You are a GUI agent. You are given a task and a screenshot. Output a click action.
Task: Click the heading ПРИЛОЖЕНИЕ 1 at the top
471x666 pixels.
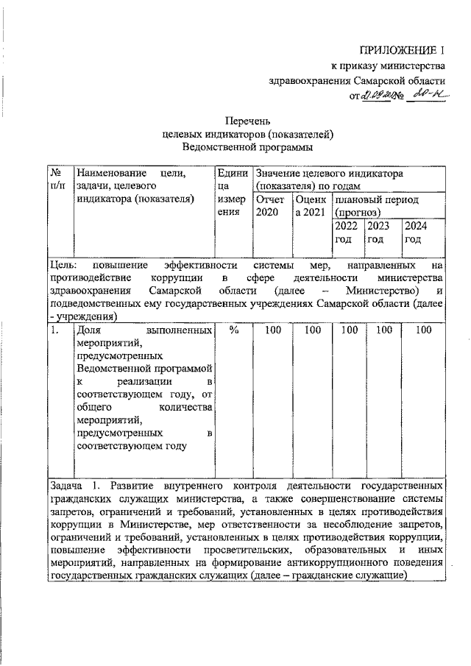[402, 50]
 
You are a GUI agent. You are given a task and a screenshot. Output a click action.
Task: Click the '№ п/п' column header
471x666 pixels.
[59, 179]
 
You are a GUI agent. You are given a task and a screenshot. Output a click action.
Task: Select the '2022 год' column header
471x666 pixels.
[347, 232]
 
